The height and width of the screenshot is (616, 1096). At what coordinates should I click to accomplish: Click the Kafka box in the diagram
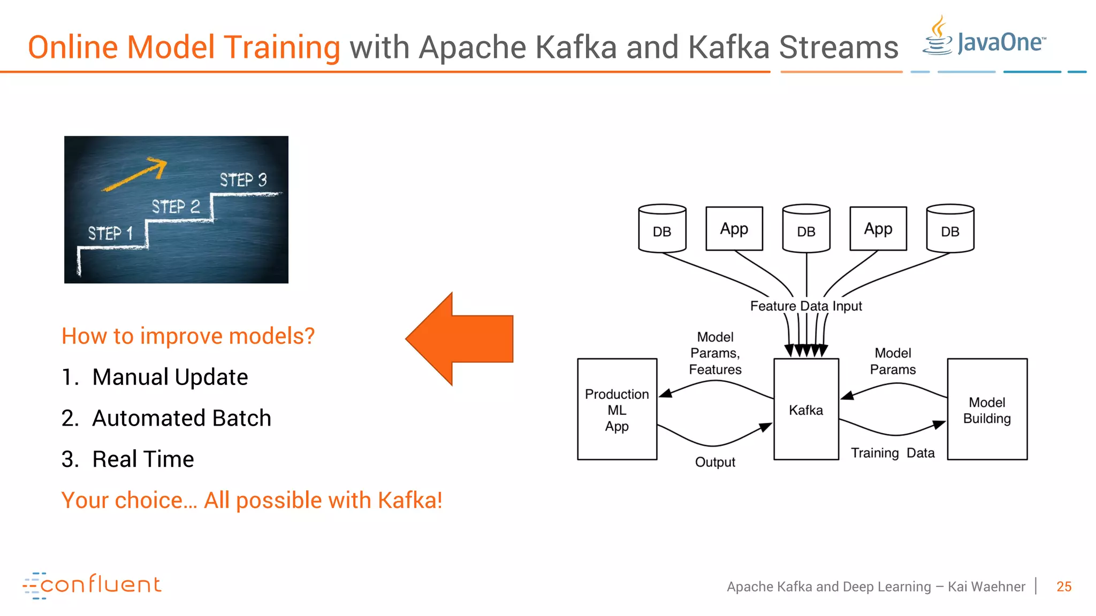point(806,410)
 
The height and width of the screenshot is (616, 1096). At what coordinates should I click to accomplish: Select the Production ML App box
point(617,410)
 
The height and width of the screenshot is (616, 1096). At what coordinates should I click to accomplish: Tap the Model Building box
point(987,410)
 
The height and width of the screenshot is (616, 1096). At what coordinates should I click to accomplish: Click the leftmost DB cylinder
point(662,229)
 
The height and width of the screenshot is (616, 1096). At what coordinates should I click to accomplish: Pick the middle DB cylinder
point(806,229)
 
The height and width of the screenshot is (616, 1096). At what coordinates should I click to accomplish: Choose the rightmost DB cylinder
point(950,229)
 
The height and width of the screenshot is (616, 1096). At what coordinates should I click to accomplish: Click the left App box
point(734,229)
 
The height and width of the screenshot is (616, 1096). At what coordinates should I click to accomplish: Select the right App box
point(878,229)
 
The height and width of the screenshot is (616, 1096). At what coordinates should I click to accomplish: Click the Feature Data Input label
point(806,306)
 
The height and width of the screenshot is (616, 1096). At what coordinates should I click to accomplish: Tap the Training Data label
point(893,453)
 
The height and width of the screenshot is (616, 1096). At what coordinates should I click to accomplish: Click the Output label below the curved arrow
point(715,462)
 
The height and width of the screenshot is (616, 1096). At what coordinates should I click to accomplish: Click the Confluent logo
point(92,585)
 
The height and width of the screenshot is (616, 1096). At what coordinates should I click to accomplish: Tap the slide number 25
point(1064,587)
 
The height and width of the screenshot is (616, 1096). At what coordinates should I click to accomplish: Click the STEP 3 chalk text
point(243,180)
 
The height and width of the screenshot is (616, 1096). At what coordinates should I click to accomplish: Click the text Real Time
point(143,459)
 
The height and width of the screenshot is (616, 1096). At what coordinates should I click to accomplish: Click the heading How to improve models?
point(188,336)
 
